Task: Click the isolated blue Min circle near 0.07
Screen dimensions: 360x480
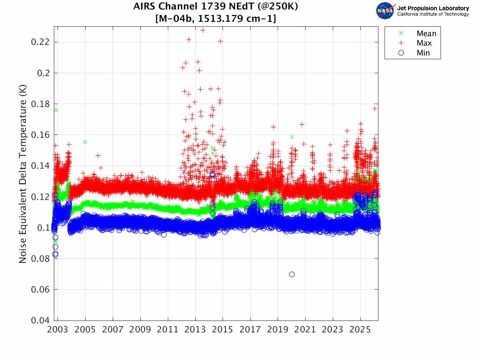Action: (x=292, y=274)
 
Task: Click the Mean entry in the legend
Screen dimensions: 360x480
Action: (x=426, y=33)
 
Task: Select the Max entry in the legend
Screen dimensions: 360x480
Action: (x=425, y=43)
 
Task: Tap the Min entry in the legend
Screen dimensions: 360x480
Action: (x=423, y=53)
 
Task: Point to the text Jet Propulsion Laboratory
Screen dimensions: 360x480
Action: (x=433, y=8)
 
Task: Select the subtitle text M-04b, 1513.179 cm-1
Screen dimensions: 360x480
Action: (x=216, y=19)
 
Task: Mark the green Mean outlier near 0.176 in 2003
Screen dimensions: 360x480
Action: (x=56, y=110)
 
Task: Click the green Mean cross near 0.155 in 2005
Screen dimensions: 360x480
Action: (x=85, y=142)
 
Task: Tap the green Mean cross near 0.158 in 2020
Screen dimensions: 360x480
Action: (x=292, y=137)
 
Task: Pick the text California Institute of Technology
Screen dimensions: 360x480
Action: (x=433, y=14)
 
